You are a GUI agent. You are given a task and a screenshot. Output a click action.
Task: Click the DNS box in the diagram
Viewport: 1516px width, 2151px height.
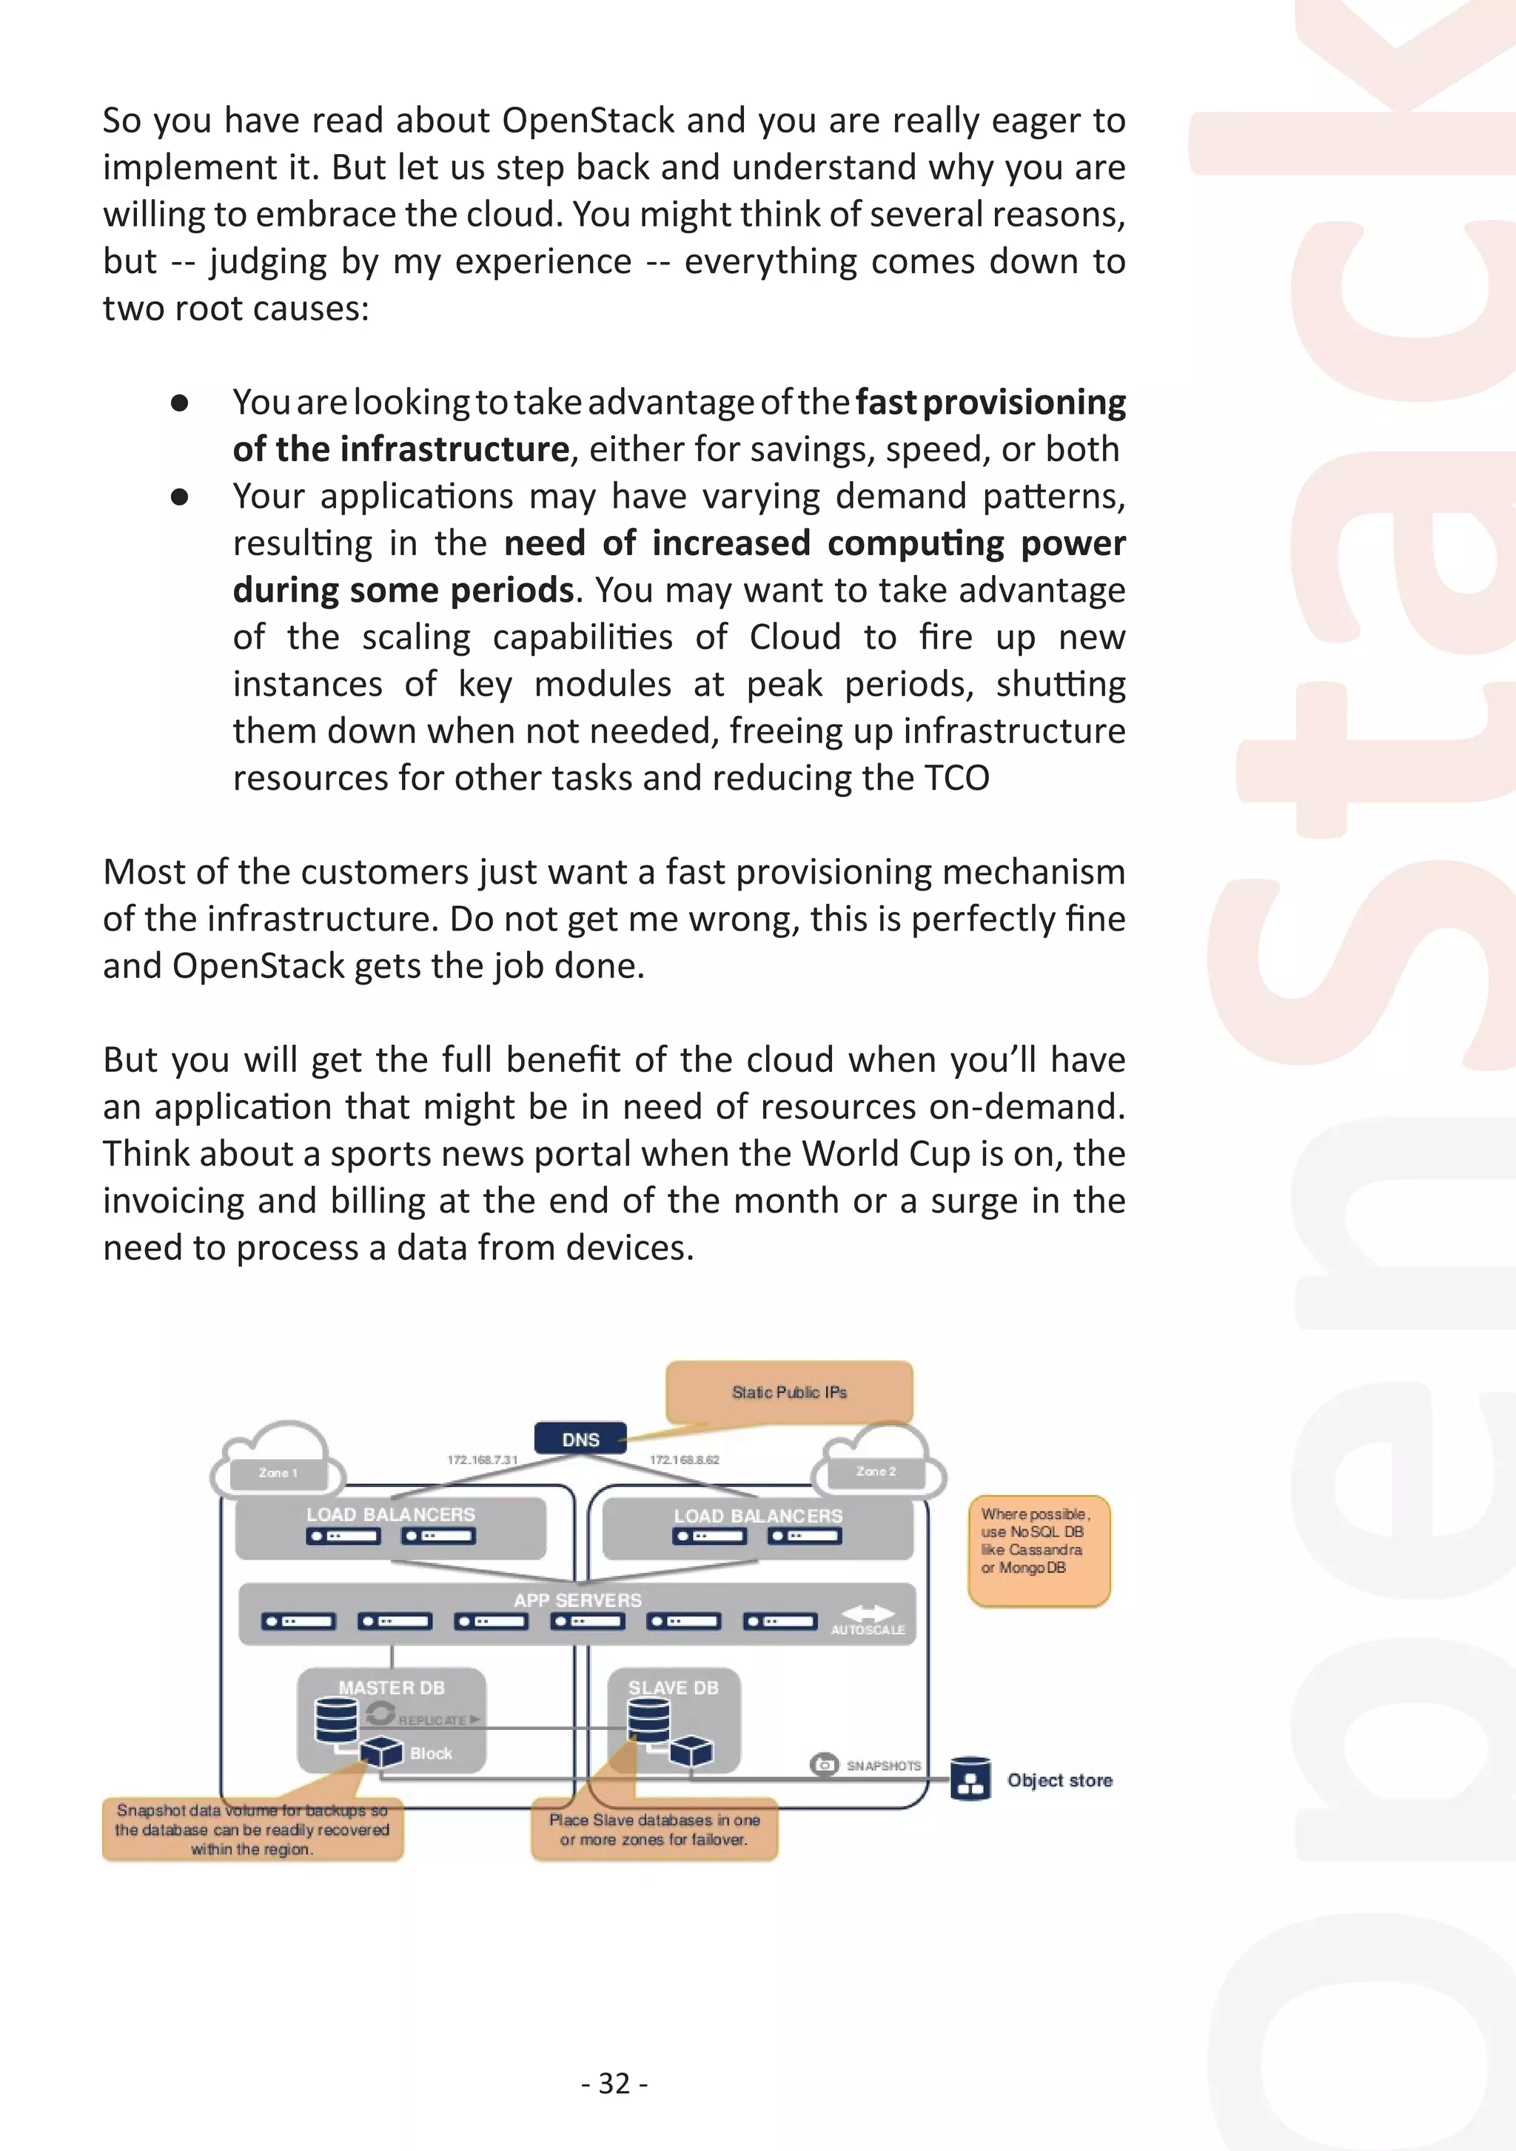click(x=580, y=1439)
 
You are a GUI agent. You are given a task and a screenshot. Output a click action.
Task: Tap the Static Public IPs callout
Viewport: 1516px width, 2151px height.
click(x=789, y=1392)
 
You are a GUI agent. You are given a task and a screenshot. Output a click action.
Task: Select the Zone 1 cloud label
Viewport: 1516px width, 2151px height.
click(x=278, y=1473)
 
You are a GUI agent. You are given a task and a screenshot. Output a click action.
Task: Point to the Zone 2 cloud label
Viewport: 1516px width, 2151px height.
click(x=876, y=1472)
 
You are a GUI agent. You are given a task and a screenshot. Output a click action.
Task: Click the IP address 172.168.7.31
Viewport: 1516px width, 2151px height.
click(x=482, y=1460)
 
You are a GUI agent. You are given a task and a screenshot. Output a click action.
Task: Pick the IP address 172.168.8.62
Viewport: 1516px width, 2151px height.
click(x=684, y=1460)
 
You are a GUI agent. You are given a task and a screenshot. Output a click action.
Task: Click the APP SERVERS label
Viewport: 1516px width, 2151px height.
click(x=577, y=1600)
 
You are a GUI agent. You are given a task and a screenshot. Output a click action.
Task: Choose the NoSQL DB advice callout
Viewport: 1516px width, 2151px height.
click(x=1038, y=1551)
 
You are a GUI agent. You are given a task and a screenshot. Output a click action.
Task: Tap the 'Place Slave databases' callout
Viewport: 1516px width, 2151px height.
click(x=654, y=1829)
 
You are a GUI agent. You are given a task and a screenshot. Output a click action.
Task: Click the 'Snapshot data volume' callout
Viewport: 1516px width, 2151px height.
click(x=252, y=1830)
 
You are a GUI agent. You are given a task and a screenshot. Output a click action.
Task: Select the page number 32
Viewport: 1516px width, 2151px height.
click(x=614, y=2083)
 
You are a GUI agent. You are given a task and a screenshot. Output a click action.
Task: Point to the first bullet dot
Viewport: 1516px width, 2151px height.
click(x=180, y=403)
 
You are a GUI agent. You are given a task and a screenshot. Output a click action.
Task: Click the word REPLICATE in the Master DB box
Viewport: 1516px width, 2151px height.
click(x=432, y=1721)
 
